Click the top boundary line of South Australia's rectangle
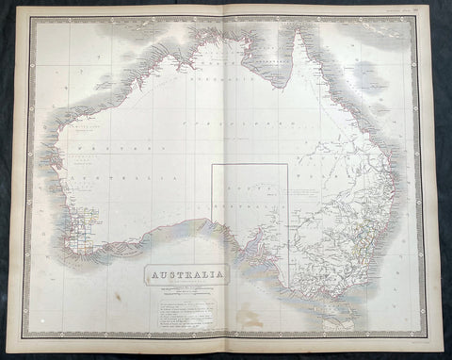pyautogui.click(x=249, y=165)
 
